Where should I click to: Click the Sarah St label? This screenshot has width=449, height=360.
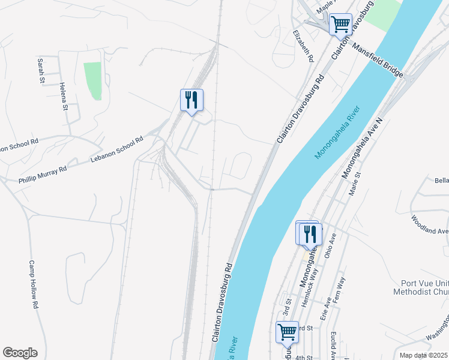[x=41, y=70]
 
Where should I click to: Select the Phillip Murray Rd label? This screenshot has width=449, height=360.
[x=43, y=170]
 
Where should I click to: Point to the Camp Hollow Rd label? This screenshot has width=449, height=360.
[x=34, y=284]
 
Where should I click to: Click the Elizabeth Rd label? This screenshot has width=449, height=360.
[x=303, y=46]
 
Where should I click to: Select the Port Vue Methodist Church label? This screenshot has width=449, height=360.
[x=424, y=287]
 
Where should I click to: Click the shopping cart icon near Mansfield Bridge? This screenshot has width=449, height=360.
[x=340, y=24]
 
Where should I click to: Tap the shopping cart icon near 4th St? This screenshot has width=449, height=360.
[x=287, y=331]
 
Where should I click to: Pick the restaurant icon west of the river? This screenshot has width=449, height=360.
[x=191, y=99]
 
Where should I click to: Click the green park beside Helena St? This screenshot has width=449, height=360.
[x=92, y=81]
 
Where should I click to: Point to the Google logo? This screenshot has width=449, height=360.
[x=20, y=353]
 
